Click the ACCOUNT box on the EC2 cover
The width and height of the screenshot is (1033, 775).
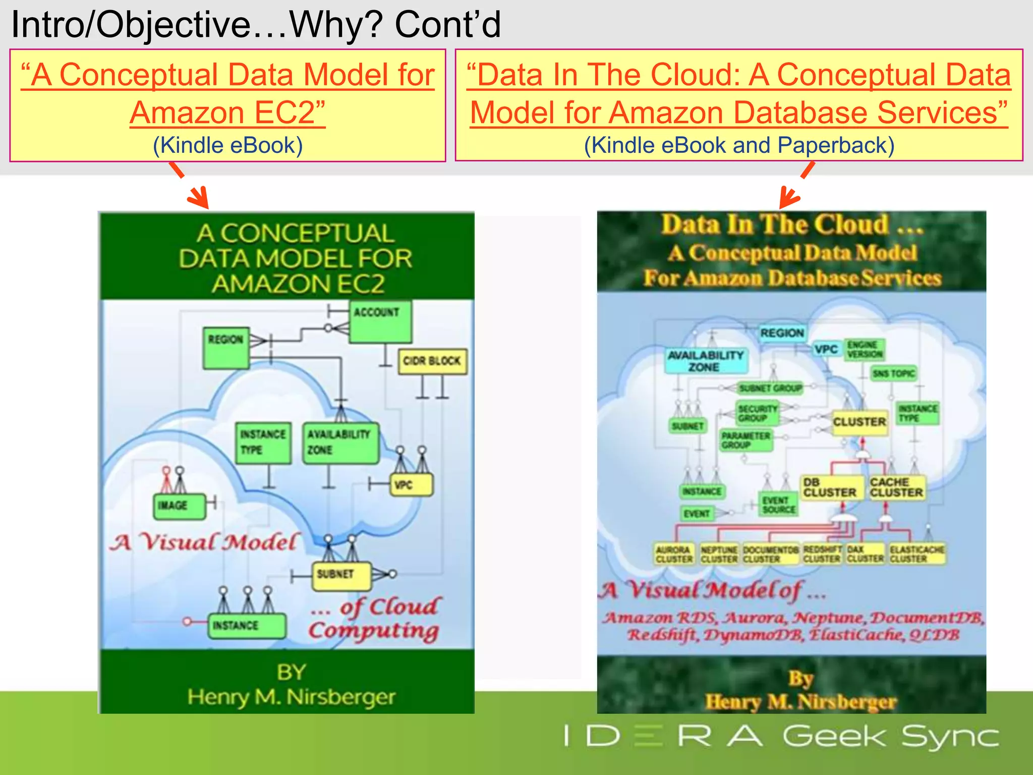coord(380,321)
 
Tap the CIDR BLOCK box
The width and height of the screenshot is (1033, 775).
coord(432,361)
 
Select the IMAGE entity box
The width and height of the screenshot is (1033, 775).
coord(179,506)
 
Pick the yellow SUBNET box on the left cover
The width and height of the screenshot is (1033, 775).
coord(341,576)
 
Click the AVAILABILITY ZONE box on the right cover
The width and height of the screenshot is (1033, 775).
coord(705,361)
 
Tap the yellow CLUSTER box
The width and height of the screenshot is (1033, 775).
coord(859,422)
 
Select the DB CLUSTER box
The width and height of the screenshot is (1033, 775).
coord(830,487)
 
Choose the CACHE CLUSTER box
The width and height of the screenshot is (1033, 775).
coord(896,487)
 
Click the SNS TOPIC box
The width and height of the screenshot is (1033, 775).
coord(894,373)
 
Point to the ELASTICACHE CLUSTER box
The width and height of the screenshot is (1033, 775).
coord(916,554)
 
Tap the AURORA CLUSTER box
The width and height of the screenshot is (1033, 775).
coord(674,554)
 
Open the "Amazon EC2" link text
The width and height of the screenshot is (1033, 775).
coord(227,113)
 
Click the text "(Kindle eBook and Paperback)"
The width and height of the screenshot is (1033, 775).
coord(739,145)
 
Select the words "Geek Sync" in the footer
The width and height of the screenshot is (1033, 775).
coord(890,736)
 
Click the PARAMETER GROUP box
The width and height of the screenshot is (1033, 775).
coord(745,440)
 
